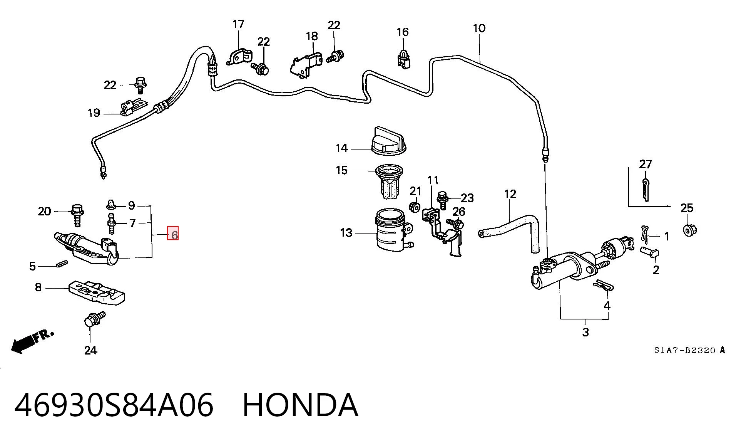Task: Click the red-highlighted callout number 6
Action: click(x=173, y=233)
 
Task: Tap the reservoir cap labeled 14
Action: click(x=388, y=141)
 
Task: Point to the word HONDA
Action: click(x=300, y=405)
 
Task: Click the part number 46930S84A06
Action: click(x=114, y=405)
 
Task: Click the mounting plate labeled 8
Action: click(x=97, y=292)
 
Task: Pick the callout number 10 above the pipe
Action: click(x=479, y=28)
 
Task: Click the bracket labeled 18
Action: click(x=306, y=63)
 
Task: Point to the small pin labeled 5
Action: click(x=62, y=264)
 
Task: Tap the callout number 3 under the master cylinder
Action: click(x=585, y=332)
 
